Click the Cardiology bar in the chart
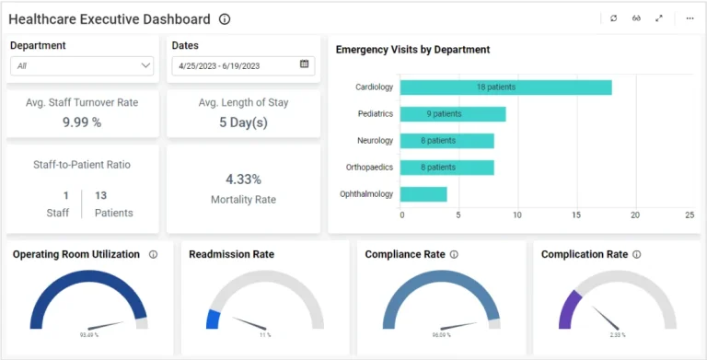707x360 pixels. point(505,87)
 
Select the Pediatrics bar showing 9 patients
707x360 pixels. point(453,114)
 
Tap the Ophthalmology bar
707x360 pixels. point(423,194)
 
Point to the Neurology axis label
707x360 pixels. point(375,141)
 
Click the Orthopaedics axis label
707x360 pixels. point(369,168)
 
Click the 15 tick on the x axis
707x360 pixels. point(576,215)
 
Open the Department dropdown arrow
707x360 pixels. point(145,66)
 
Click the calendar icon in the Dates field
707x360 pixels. point(305,64)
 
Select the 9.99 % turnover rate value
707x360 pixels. point(82,122)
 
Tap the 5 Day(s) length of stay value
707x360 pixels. point(244,122)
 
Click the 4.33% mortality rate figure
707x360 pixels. point(243,180)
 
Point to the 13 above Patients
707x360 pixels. point(101,195)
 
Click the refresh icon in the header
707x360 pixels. point(613,18)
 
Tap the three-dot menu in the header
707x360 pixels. point(690,18)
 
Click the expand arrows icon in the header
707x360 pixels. point(659,18)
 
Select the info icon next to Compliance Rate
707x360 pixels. point(454,255)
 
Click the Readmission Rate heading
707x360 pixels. point(231,255)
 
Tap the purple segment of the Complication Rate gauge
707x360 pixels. point(566,310)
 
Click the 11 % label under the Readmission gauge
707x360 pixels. point(265,335)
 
